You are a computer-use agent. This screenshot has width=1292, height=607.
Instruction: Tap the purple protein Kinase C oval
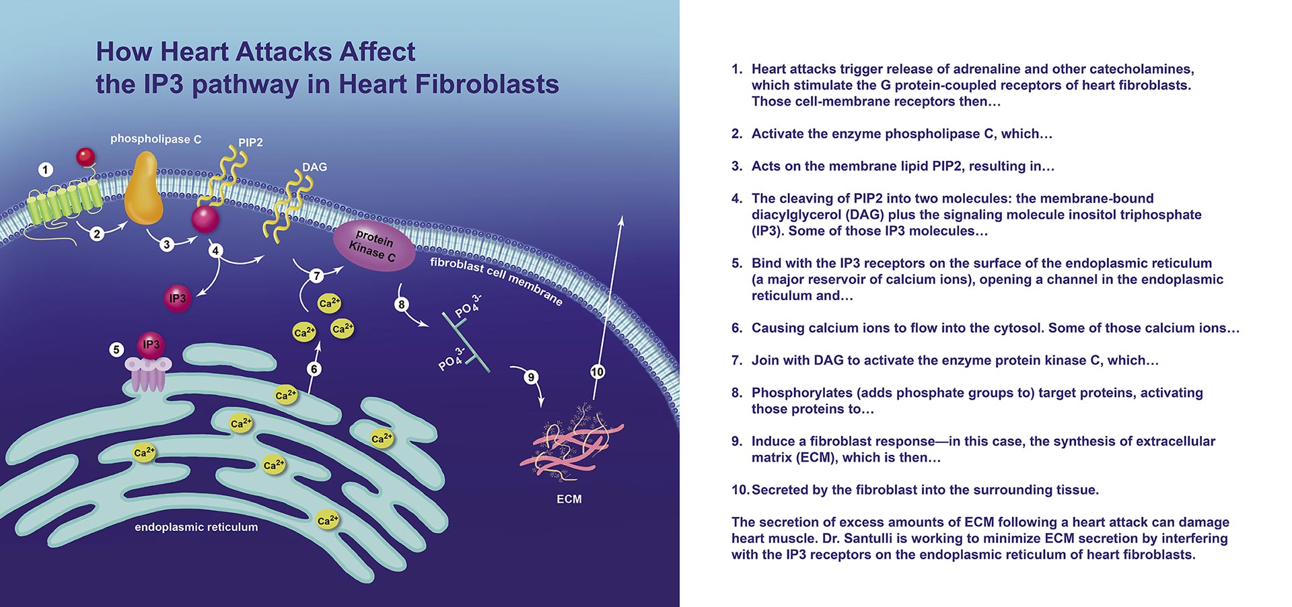pyautogui.click(x=374, y=246)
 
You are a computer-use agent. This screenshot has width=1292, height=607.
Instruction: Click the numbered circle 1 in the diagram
pyautogui.click(x=45, y=170)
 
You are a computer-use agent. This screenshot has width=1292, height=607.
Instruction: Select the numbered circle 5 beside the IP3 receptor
pyautogui.click(x=116, y=350)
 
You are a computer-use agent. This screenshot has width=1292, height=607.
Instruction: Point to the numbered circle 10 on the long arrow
pyautogui.click(x=597, y=371)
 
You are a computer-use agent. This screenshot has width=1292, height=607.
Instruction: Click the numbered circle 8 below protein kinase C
pyautogui.click(x=402, y=304)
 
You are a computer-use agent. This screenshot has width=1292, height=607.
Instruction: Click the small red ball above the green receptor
pyautogui.click(x=85, y=157)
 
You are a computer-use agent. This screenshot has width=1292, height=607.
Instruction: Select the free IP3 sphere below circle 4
pyautogui.click(x=178, y=298)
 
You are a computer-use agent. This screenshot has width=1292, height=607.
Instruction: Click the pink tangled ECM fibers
pyautogui.click(x=572, y=444)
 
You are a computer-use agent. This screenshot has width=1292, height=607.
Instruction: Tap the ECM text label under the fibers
pyautogui.click(x=569, y=499)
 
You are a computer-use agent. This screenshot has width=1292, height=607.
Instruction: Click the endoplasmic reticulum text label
pyautogui.click(x=196, y=527)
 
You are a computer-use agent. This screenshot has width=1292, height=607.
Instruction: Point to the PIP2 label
pyautogui.click(x=250, y=143)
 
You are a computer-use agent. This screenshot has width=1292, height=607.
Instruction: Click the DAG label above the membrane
pyautogui.click(x=314, y=167)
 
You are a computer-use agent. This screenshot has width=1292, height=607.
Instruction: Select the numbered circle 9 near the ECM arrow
pyautogui.click(x=531, y=377)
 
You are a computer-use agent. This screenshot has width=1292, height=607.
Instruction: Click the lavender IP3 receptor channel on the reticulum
pyautogui.click(x=148, y=374)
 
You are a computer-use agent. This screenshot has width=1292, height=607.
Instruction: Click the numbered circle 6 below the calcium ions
pyautogui.click(x=314, y=369)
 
